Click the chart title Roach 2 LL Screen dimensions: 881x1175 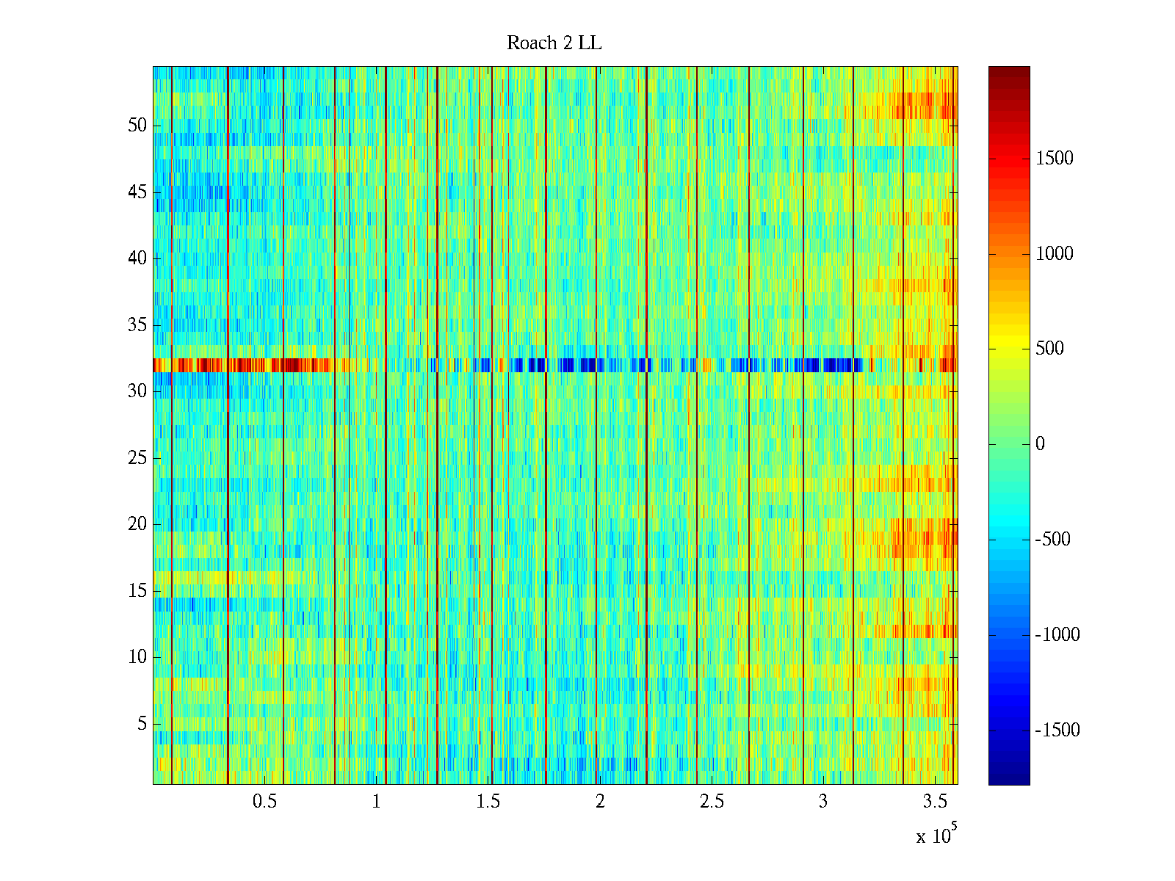coord(554,43)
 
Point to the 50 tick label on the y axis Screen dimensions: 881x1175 coord(137,126)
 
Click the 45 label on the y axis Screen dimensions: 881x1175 coord(137,192)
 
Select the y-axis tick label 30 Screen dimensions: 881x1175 coord(137,391)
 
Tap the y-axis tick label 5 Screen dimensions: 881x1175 coord(142,724)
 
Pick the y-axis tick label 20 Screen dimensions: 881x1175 coord(137,524)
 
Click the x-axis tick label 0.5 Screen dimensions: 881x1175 coord(264,802)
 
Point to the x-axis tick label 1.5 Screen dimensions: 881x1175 coord(488,802)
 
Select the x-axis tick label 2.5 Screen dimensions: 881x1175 coord(712,802)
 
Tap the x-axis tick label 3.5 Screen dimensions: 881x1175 coord(935,802)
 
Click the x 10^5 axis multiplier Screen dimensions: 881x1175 coord(936,835)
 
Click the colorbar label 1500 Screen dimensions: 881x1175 coord(1054,159)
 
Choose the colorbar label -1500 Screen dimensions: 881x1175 coord(1057,730)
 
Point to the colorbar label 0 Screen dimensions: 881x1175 coord(1040,444)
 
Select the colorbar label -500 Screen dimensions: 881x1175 coord(1052,540)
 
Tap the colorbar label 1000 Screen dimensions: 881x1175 coord(1054,254)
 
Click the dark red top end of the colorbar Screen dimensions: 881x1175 coord(1009,70)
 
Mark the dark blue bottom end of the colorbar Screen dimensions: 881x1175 coord(1009,780)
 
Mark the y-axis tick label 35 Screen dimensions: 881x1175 coord(137,325)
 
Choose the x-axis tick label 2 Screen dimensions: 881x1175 coord(600,802)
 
